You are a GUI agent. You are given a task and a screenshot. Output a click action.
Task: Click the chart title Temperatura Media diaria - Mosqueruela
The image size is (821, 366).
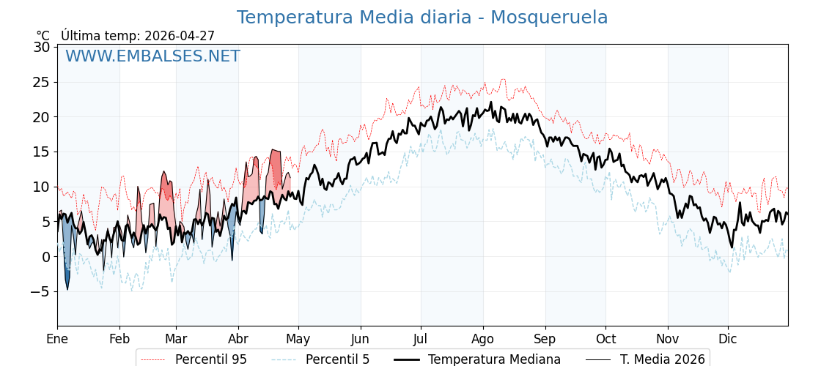pyautogui.click(x=421, y=18)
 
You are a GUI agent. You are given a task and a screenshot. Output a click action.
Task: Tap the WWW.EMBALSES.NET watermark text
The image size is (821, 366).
pyautogui.click(x=152, y=56)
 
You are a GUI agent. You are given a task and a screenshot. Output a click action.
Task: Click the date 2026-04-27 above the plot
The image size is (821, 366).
pyautogui.click(x=180, y=36)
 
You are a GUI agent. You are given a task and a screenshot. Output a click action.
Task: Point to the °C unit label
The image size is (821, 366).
pyautogui.click(x=43, y=36)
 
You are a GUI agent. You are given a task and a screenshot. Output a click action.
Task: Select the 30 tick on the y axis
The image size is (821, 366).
pyautogui.click(x=42, y=47)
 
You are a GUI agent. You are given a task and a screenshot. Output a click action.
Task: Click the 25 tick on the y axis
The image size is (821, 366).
pyautogui.click(x=42, y=82)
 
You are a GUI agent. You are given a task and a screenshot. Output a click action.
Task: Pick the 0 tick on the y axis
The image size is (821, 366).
pyautogui.click(x=45, y=257)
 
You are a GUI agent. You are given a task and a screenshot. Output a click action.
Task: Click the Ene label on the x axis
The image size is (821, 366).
pyautogui.click(x=57, y=339)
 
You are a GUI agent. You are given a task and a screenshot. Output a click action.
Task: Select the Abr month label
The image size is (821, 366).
pyautogui.click(x=238, y=339)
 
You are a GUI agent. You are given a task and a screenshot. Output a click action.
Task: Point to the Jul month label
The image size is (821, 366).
pyautogui.click(x=421, y=339)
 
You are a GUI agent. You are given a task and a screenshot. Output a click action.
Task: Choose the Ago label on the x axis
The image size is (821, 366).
pyautogui.click(x=483, y=339)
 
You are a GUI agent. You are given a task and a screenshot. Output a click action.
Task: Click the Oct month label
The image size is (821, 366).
pyautogui.click(x=605, y=339)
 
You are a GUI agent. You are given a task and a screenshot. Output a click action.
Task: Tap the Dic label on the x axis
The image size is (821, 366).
pyautogui.click(x=728, y=339)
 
